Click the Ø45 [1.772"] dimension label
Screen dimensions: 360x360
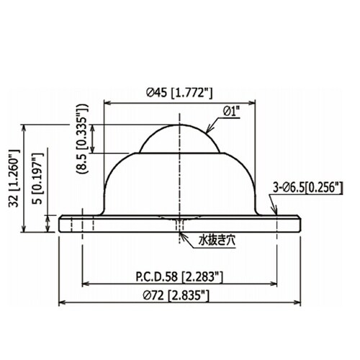pos(179,93)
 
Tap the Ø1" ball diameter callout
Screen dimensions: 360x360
pos(232,112)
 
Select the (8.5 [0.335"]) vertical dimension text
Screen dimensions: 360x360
pos(83,139)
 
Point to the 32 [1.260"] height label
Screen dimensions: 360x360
pos(14,178)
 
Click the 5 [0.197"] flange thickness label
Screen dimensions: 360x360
pos(37,178)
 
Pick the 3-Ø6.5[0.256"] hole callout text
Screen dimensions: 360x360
pos(308,187)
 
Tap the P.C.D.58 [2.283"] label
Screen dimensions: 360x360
pos(179,276)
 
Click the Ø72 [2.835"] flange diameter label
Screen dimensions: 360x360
pos(176,295)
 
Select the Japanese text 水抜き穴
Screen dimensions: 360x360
pos(217,240)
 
